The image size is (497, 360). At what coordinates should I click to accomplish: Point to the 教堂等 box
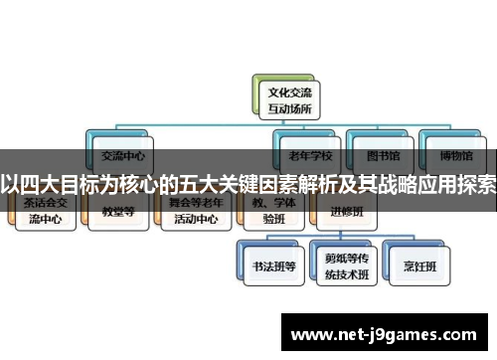(117, 212)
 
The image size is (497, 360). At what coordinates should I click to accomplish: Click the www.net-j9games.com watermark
(389, 334)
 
